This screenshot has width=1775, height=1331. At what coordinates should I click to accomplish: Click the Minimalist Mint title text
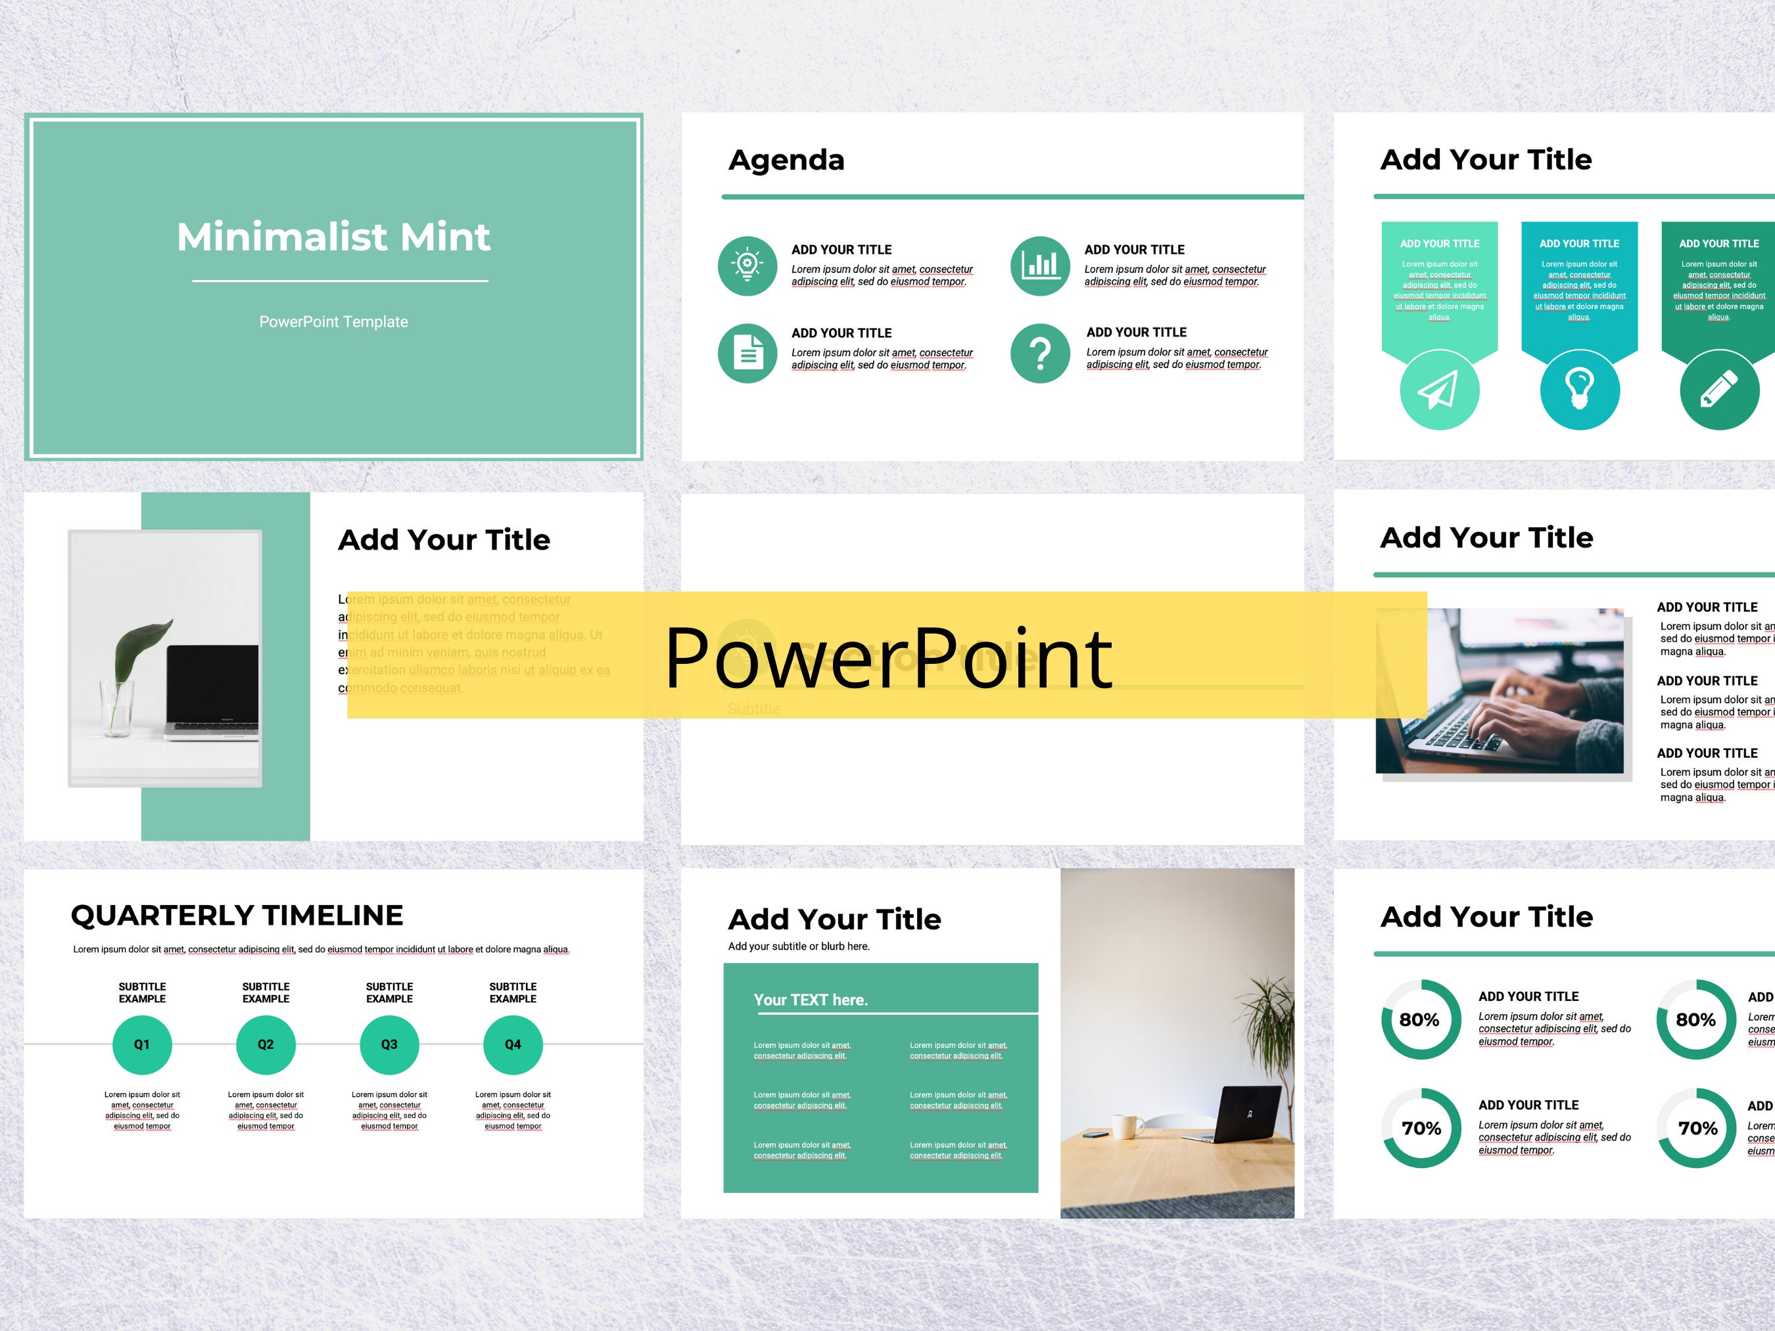point(333,237)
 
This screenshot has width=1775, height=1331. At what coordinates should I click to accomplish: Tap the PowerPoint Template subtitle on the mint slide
point(333,321)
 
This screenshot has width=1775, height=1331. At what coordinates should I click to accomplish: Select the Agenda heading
point(786,160)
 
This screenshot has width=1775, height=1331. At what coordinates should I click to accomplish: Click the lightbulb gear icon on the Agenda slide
point(747,266)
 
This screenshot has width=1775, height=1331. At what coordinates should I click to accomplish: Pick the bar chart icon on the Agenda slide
point(1040,266)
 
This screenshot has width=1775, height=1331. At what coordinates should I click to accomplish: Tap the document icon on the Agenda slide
point(747,353)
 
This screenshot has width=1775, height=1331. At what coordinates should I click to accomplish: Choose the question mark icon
point(1040,353)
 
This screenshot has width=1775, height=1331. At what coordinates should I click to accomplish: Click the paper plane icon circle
point(1439,390)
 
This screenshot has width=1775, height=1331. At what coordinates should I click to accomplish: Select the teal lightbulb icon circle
point(1579,390)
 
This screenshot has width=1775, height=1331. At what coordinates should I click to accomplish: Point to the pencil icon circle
point(1719,390)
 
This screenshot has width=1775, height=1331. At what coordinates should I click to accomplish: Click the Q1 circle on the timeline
point(142,1044)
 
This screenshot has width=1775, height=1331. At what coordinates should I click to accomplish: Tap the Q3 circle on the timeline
point(389,1044)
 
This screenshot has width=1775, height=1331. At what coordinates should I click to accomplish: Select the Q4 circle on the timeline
point(513,1044)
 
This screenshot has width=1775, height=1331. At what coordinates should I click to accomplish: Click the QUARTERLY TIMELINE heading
point(237,916)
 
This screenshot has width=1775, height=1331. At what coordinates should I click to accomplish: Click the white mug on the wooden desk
point(1127,1126)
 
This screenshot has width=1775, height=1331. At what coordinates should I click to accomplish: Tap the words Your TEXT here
point(811,1000)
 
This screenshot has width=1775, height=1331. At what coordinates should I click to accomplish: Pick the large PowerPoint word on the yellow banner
point(887,658)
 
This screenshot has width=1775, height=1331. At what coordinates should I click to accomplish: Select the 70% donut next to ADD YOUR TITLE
point(1421,1128)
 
